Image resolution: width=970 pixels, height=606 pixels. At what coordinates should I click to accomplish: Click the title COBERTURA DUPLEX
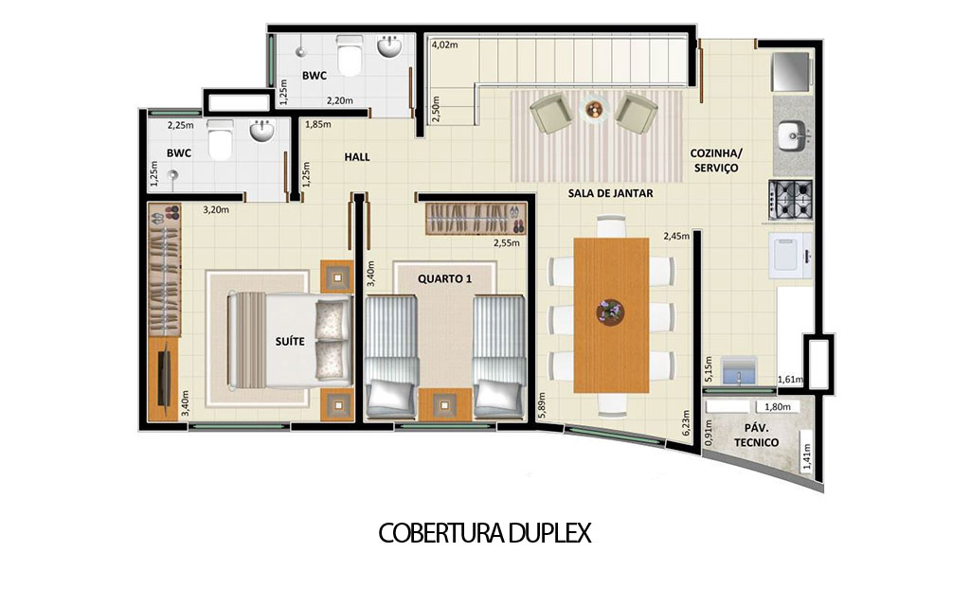coord(484,533)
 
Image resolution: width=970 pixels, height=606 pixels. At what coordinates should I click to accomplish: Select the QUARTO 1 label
coord(443,279)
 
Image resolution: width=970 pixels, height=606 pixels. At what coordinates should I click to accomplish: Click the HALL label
coord(357,157)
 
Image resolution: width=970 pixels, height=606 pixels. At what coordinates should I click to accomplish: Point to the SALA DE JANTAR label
coord(610,193)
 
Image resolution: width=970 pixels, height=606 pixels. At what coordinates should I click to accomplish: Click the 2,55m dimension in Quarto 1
coord(507,242)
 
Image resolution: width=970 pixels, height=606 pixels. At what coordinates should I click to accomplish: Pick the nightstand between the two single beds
coord(445,405)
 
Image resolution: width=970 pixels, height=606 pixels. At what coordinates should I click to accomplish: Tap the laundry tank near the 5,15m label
coord(738,371)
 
